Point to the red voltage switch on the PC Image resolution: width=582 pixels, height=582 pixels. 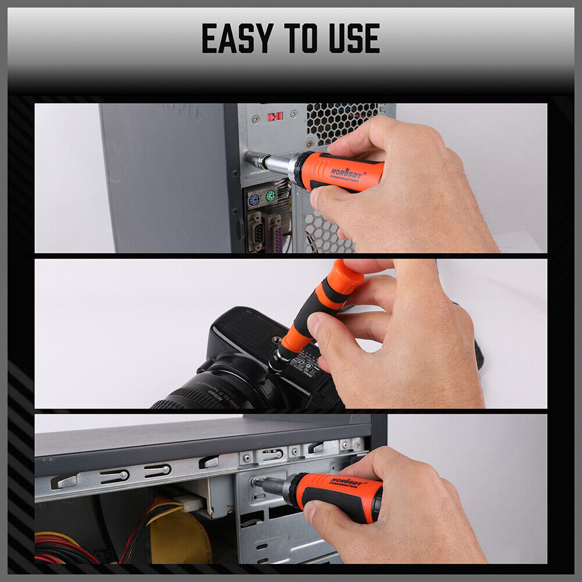pos(275,116)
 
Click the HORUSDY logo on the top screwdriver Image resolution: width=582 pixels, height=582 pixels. pos(347,173)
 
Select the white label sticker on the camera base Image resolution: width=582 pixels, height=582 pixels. pos(306,367)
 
